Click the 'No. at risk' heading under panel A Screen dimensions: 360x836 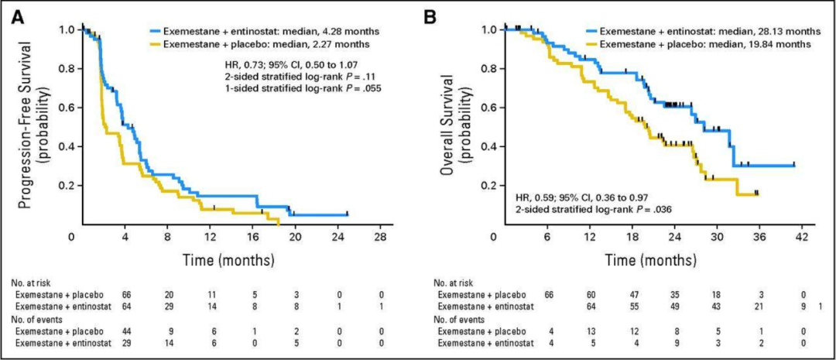pyautogui.click(x=31, y=283)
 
